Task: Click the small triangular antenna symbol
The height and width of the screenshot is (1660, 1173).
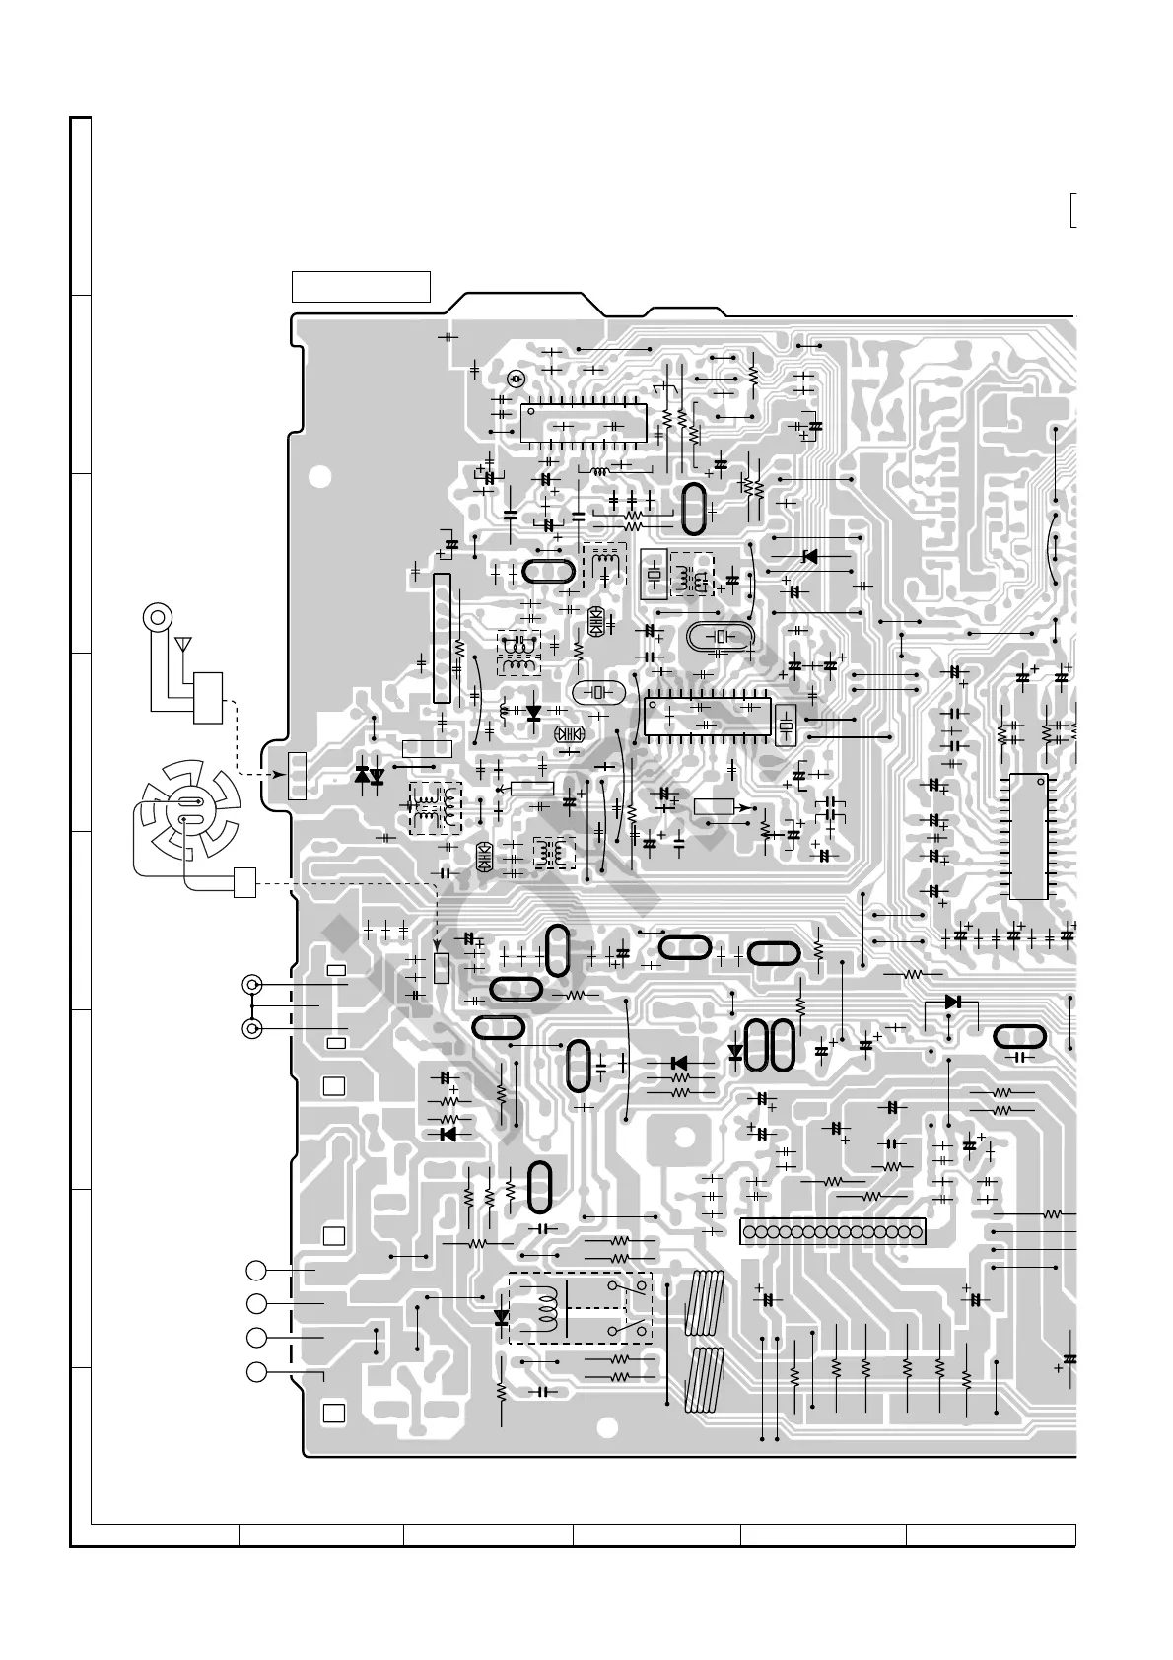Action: [182, 646]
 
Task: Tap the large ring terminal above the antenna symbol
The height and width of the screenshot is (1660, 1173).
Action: [157, 618]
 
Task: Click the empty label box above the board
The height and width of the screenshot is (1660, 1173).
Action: [361, 286]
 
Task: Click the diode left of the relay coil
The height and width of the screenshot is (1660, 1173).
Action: [502, 1316]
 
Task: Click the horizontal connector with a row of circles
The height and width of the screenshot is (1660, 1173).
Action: [832, 1231]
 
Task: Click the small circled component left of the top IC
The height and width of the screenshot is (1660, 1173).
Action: [514, 379]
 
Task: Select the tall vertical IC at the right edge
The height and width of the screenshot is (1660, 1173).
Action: [1028, 837]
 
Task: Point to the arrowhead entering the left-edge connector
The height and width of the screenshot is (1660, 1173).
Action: [269, 775]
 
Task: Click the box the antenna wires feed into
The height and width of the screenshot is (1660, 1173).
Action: [208, 698]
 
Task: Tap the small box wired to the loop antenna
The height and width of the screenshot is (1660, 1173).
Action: [244, 882]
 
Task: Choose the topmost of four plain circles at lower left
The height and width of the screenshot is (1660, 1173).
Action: [256, 1271]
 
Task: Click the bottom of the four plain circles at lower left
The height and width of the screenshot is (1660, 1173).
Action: [256, 1371]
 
